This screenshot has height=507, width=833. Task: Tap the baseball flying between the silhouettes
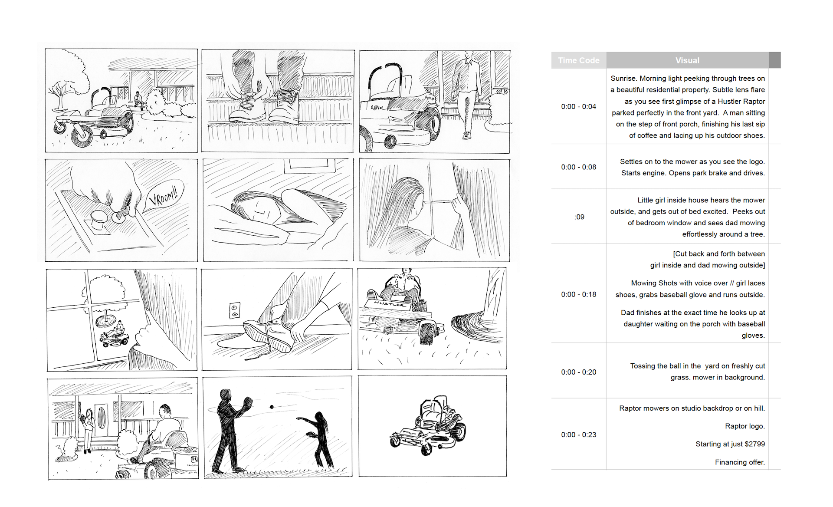pos(272,407)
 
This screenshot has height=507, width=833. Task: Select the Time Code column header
pos(579,60)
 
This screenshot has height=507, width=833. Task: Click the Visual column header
pos(687,60)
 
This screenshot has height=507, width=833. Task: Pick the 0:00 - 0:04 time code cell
pos(578,106)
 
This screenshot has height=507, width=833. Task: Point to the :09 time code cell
pos(579,217)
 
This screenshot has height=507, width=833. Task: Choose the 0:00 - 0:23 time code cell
pos(578,435)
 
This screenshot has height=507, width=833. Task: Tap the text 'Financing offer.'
pos(740,462)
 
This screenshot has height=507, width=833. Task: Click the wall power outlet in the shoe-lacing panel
pos(234,310)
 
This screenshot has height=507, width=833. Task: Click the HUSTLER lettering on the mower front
pos(389,304)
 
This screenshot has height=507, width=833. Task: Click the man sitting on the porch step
pos(138,100)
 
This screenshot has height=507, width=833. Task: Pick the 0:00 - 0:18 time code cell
pos(578,294)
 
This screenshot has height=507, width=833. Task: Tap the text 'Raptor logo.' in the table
pos(745,426)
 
